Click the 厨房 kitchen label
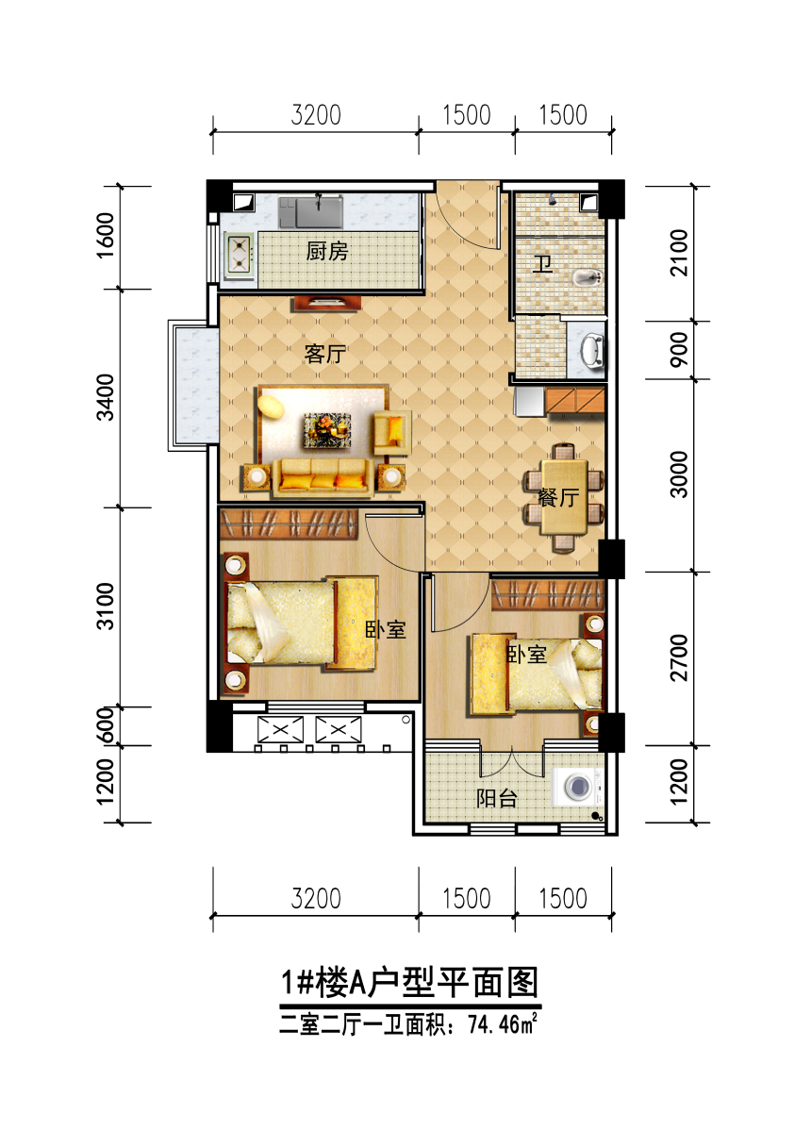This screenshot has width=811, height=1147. (x=326, y=252)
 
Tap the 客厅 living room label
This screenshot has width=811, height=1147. (x=325, y=354)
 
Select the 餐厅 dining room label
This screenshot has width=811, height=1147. (x=558, y=497)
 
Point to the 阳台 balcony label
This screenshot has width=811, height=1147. (x=497, y=798)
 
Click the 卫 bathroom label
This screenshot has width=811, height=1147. (x=542, y=264)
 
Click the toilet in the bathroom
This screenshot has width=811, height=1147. (x=588, y=278)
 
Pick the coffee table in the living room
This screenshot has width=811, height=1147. (x=327, y=429)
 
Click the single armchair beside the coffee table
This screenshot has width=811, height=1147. (x=391, y=433)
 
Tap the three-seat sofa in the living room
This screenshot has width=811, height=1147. (x=322, y=477)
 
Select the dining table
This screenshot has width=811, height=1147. (x=564, y=497)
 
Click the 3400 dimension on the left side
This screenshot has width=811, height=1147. (x=106, y=397)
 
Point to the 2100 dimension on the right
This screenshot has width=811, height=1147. (x=679, y=253)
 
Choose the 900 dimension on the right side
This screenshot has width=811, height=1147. (x=679, y=349)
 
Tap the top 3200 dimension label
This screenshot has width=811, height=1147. (x=316, y=115)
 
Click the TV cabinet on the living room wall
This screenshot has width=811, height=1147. (x=326, y=304)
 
